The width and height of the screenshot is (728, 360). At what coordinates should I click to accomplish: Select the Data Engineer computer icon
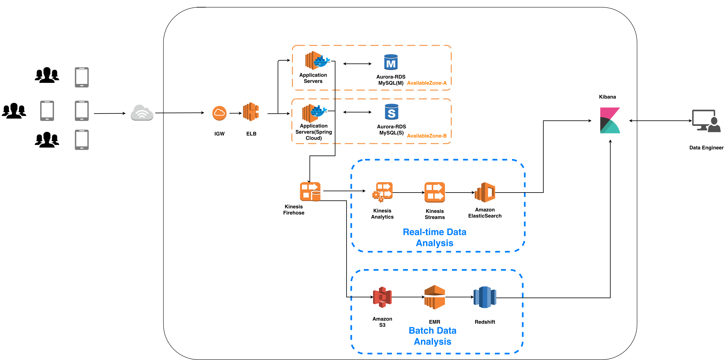click(706, 121)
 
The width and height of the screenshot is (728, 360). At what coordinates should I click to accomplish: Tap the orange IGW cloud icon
click(219, 113)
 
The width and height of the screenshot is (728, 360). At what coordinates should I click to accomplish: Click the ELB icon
click(251, 112)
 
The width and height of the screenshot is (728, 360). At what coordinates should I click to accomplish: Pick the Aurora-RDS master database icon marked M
click(391, 62)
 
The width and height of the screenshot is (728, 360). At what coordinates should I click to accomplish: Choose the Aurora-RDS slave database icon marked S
click(391, 112)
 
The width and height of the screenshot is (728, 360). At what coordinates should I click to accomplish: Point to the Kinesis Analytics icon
click(383, 192)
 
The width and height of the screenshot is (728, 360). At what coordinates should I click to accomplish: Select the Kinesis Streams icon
click(435, 192)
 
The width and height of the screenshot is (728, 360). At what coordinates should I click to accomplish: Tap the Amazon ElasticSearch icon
click(485, 192)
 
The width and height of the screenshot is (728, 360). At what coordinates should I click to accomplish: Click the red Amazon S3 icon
click(382, 297)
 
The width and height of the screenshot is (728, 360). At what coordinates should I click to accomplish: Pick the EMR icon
click(435, 297)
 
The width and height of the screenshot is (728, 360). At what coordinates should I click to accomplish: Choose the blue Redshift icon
click(485, 297)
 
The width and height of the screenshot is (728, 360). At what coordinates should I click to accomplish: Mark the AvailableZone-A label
click(427, 83)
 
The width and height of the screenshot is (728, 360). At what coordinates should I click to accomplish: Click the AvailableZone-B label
click(427, 136)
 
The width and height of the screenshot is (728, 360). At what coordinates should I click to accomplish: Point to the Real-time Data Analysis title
click(434, 237)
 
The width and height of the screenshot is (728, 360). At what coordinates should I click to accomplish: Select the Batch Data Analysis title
click(432, 336)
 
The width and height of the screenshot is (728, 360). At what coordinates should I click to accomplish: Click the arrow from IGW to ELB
click(235, 113)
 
